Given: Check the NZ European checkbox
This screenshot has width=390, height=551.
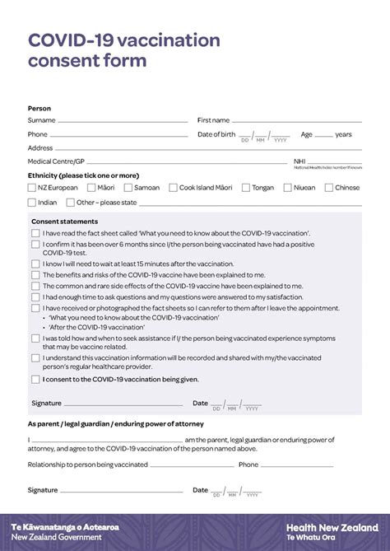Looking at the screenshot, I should [32, 188].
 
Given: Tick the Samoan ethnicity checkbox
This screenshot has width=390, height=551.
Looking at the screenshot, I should [128, 188].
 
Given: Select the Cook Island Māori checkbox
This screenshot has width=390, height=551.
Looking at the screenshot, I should [174, 188].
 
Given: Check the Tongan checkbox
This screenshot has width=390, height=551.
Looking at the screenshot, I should [246, 188].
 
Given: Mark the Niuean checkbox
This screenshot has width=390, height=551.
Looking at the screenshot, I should [288, 188].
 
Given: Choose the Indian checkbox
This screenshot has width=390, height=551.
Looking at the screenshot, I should [32, 203].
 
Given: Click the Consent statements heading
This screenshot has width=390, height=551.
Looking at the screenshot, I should [64, 222].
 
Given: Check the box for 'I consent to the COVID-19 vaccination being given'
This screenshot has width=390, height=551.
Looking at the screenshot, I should [35, 380].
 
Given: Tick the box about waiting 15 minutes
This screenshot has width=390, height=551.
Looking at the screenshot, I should [35, 264].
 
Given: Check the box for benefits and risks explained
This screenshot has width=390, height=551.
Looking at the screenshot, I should [35, 275].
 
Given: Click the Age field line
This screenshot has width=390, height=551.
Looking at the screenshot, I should [323, 136].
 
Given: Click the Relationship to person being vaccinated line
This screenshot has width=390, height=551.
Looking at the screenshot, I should [193, 466].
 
